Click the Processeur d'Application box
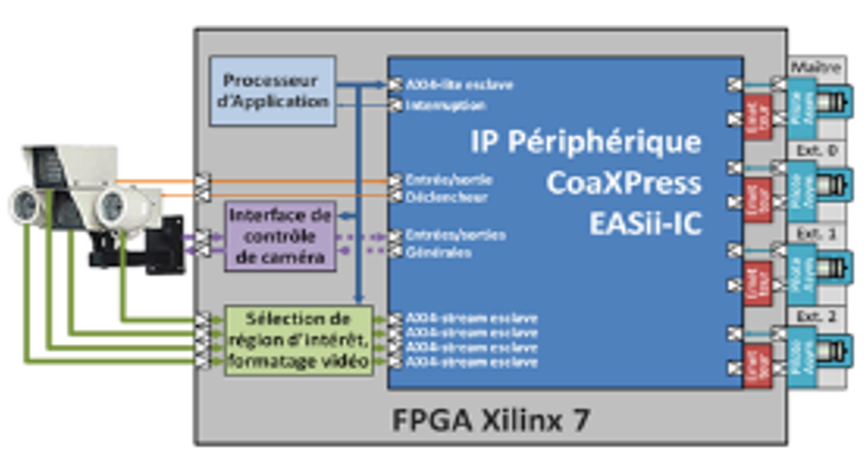(273, 91)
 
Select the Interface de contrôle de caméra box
(279, 236)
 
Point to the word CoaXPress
(623, 184)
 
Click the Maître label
(814, 67)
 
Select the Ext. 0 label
(814, 149)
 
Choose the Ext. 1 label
(814, 232)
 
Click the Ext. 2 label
(814, 315)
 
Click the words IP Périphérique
(585, 142)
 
